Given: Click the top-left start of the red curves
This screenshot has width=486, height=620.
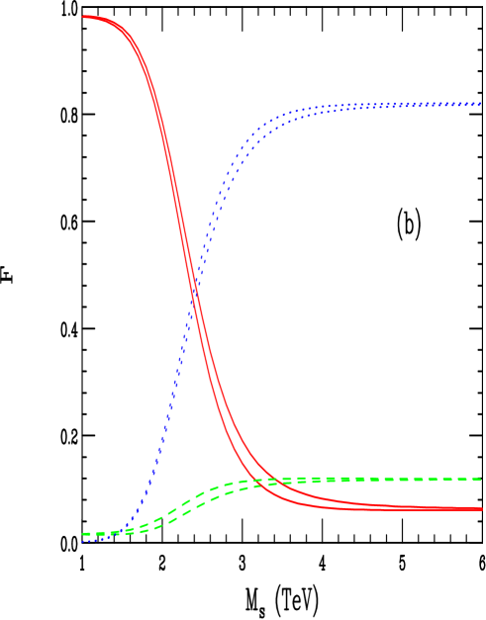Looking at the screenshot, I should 84,17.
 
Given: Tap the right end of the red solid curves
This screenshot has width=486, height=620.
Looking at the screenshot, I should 480,509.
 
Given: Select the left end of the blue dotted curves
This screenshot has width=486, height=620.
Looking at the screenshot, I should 83,541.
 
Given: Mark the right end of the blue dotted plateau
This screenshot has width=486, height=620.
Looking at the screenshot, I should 480,104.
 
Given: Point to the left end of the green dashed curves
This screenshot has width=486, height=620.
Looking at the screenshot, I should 83,534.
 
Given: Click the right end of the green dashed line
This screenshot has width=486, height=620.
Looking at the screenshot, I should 480,479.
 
